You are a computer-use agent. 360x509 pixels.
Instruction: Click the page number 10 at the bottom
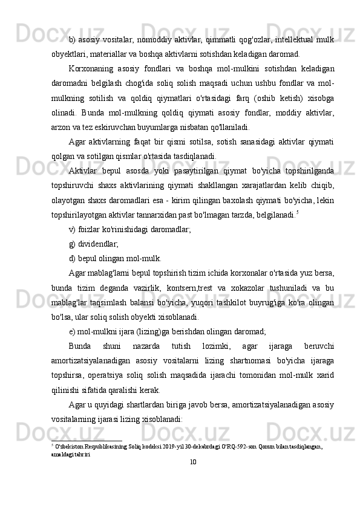click(x=192, y=462)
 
